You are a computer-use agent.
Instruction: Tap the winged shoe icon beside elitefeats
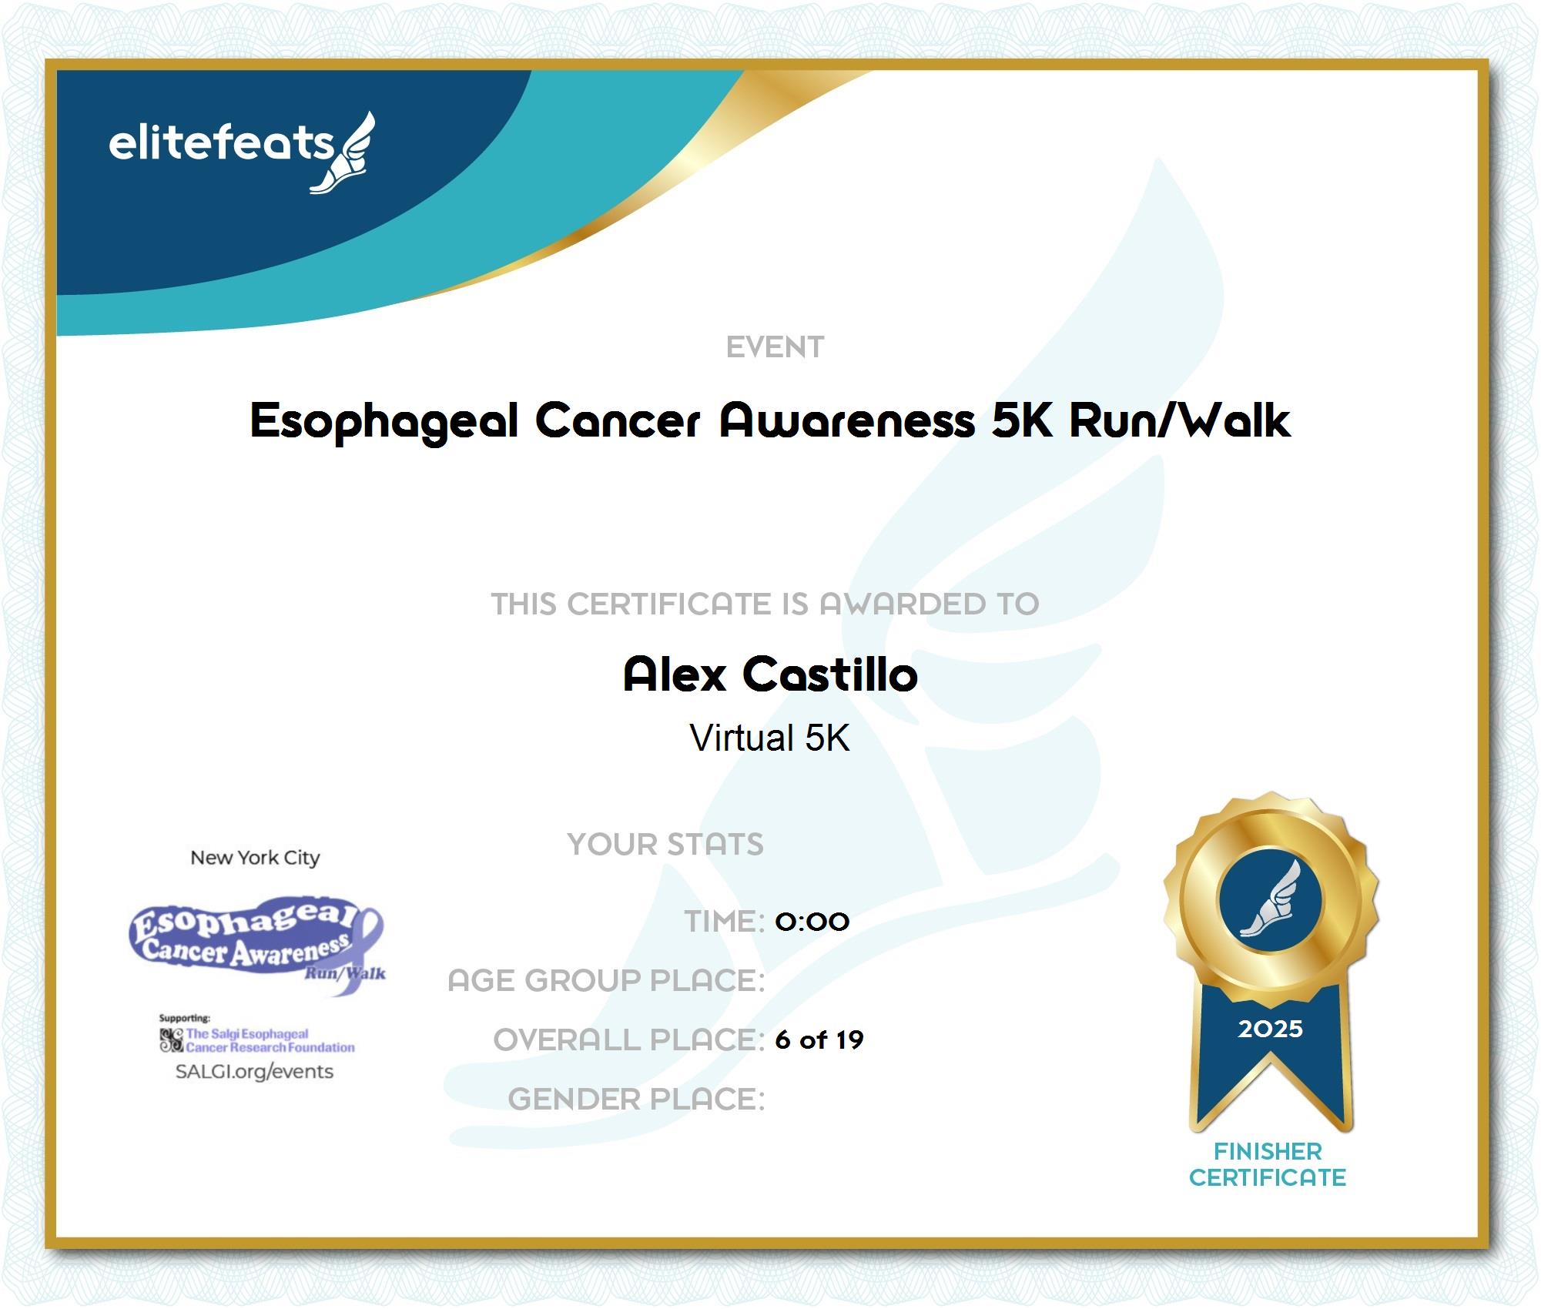[344, 153]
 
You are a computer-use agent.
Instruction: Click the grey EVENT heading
[775, 347]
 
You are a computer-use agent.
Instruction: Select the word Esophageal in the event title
[384, 421]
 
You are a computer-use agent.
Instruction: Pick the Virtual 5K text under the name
[770, 738]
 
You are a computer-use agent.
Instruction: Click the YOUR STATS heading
[665, 844]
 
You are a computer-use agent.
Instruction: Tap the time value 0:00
[812, 921]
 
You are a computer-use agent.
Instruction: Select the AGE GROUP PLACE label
[606, 980]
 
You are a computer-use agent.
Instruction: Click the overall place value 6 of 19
[819, 1039]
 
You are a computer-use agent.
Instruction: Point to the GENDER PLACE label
[636, 1099]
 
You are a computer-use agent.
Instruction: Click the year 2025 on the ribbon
[1270, 1029]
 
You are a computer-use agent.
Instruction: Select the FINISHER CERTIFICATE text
[1268, 1164]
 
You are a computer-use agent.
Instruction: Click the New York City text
[255, 858]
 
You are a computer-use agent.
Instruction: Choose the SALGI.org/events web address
[254, 1072]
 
